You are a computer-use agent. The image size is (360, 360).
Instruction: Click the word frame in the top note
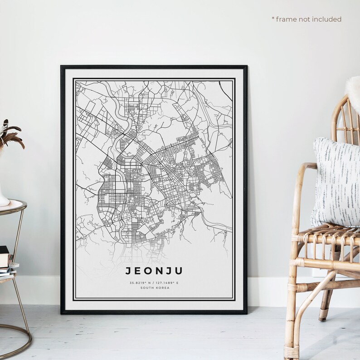tap(286, 19)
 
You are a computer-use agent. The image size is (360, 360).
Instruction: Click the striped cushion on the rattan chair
tap(336, 181)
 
